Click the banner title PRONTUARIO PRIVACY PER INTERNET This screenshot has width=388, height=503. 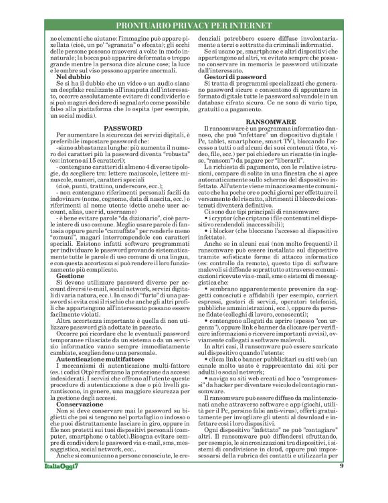(x=193, y=25)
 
